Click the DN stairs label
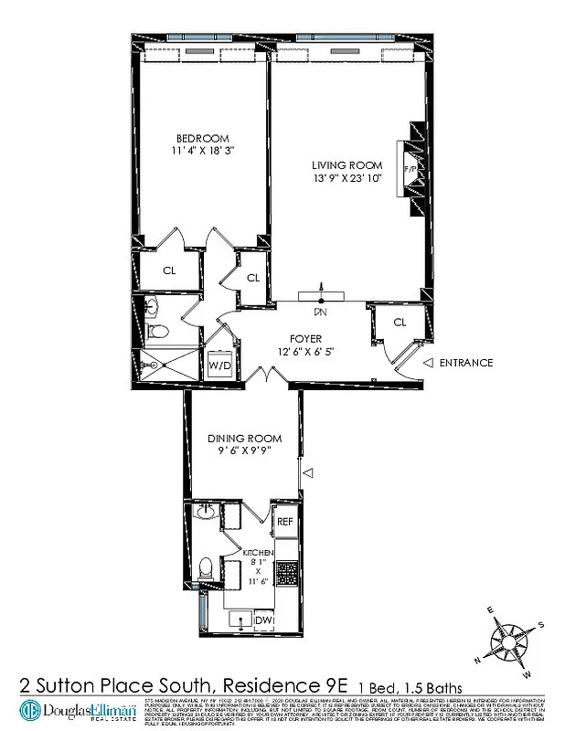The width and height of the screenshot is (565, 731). click(321, 312)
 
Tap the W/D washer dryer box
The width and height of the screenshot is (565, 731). click(219, 365)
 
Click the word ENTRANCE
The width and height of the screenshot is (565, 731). click(465, 363)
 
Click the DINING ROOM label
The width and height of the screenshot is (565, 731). click(242, 439)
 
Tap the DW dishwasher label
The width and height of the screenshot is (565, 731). click(264, 620)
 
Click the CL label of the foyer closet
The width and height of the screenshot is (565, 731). click(400, 322)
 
